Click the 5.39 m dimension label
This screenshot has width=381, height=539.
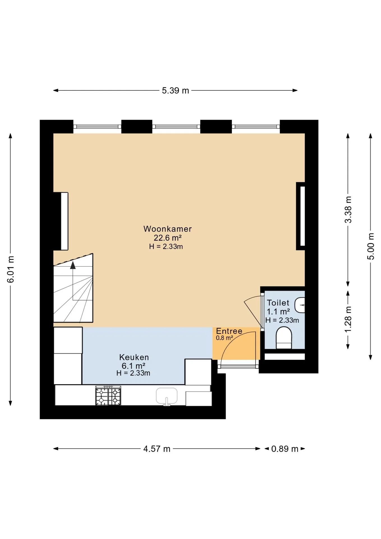tap(175, 91)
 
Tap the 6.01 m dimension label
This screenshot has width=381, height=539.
tap(11, 269)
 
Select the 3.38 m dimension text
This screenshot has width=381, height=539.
tap(348, 210)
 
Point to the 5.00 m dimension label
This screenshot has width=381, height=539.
tap(371, 246)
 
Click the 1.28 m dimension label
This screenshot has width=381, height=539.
tap(348, 319)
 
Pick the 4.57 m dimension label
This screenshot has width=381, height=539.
tap(157, 449)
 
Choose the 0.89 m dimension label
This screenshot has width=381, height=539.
tap(284, 449)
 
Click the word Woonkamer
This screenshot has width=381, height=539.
tap(167, 229)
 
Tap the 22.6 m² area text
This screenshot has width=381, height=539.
tap(167, 238)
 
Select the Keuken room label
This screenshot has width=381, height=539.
tap(134, 357)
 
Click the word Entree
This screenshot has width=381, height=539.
tap(229, 331)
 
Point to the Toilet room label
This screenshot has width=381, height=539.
tap(278, 303)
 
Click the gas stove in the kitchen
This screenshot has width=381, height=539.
tap(108, 396)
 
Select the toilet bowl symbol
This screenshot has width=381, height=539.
tap(284, 338)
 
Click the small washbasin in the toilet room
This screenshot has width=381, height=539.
tap(300, 305)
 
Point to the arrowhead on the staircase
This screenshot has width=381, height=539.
tap(73, 265)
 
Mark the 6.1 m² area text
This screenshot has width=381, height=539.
tap(133, 366)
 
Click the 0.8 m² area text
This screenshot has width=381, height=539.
tap(224, 338)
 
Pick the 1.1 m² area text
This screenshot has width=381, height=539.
tap(278, 312)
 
